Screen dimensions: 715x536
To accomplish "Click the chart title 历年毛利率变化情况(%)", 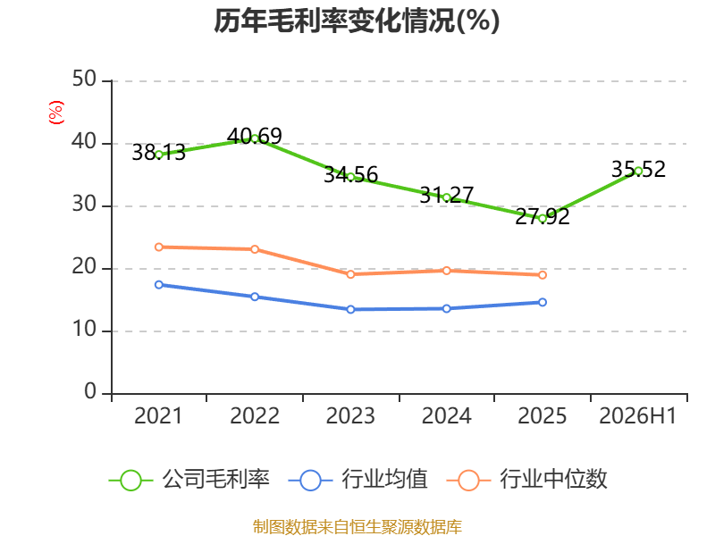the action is (x=357, y=21).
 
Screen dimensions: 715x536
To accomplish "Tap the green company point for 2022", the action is (x=255, y=138).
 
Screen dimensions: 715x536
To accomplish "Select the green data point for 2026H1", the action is (x=638, y=171).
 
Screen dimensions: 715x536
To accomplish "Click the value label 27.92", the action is (x=543, y=216).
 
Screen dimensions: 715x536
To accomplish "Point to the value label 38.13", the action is (x=159, y=152).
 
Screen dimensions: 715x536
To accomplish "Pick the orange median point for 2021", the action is (x=159, y=247).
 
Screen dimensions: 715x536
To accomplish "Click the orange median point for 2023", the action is (x=350, y=274).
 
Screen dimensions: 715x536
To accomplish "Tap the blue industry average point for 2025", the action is (x=543, y=302).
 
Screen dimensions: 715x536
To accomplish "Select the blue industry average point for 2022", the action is (x=255, y=297).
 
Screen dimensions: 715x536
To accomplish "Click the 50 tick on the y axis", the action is (x=84, y=80).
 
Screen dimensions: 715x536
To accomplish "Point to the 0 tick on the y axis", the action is (x=90, y=391).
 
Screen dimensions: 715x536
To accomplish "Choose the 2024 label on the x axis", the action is (x=446, y=415).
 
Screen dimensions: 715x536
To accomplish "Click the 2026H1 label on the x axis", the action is (x=638, y=415).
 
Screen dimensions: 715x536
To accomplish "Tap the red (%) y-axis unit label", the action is (x=56, y=113).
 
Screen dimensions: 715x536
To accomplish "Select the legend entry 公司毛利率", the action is (x=189, y=480).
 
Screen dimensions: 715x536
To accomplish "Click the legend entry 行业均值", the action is (x=358, y=480).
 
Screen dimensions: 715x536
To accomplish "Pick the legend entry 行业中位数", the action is (x=527, y=480).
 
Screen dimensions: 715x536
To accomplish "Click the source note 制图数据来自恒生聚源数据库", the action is (x=357, y=527).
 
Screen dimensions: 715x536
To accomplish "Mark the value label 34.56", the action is (x=350, y=175).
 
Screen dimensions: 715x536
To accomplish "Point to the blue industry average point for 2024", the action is (x=446, y=308).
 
